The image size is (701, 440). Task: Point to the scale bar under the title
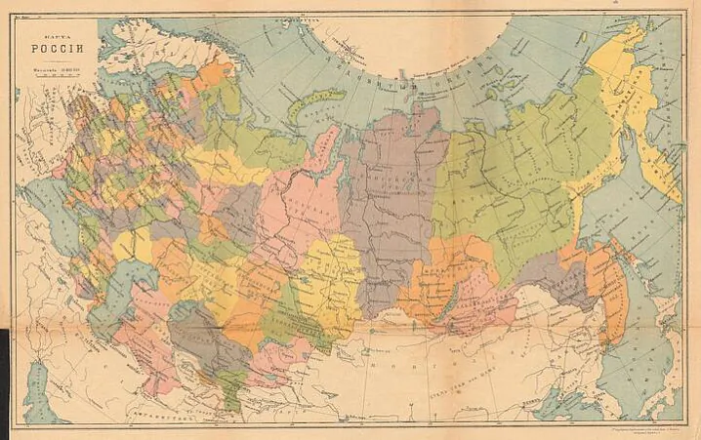[46, 79]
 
